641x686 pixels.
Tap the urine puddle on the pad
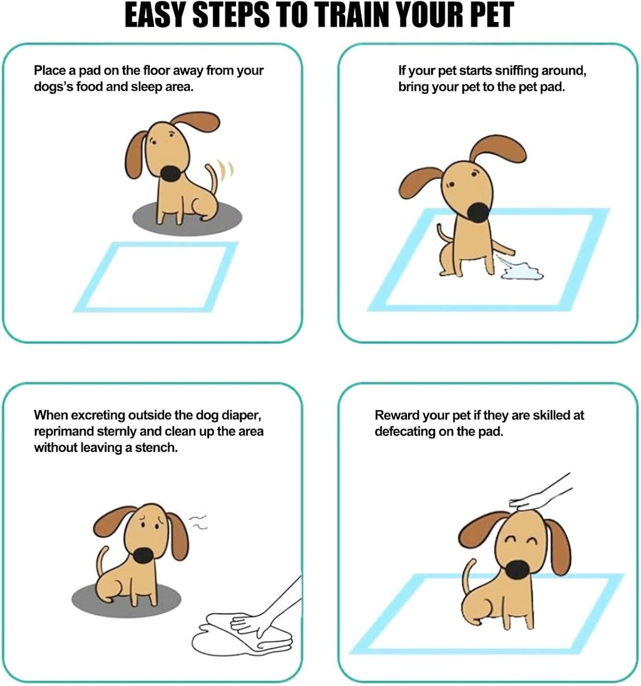522,270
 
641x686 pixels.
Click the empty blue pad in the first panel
156,277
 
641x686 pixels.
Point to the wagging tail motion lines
225,170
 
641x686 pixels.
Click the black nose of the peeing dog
479,212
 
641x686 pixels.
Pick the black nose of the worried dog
143,555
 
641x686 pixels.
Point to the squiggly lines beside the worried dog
198,521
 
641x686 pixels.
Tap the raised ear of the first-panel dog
195,121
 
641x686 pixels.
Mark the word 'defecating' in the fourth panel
405,431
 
